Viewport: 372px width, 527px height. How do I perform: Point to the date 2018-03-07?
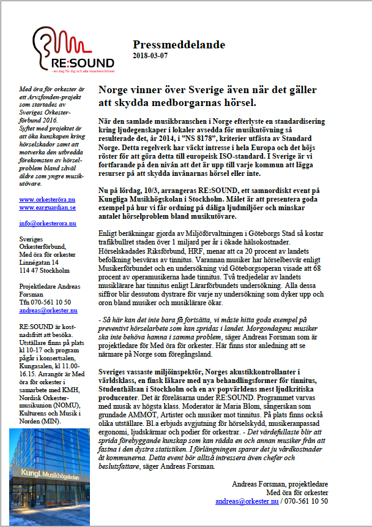150,56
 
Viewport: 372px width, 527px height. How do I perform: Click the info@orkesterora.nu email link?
47,224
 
